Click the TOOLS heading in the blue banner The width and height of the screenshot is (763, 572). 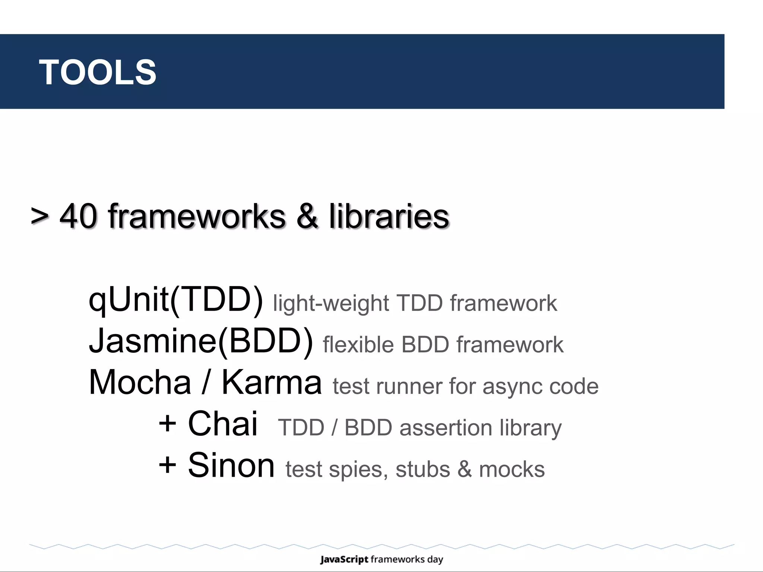click(x=98, y=72)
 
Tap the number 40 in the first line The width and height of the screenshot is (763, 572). click(x=79, y=216)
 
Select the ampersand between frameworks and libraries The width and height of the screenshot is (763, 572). click(x=307, y=216)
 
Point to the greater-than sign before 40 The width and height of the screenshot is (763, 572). click(x=39, y=216)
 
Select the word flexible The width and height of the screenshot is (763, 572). click(x=358, y=344)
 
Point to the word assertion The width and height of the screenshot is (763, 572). click(x=446, y=428)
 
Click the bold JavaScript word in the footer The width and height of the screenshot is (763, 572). click(x=344, y=559)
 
